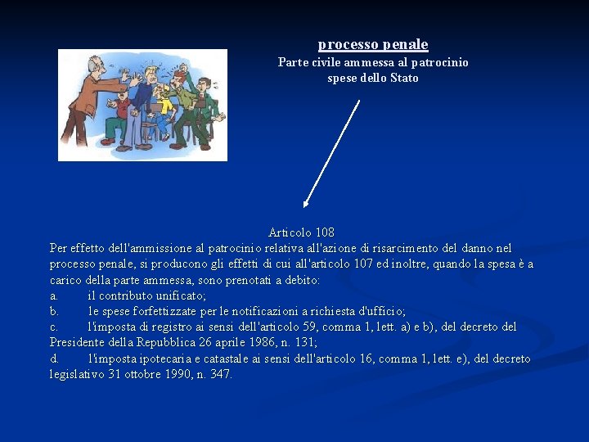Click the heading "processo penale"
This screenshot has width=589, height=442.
coord(373,44)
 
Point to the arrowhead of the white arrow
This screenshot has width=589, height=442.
coord(305,204)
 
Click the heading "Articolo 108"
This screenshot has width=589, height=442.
coord(301,232)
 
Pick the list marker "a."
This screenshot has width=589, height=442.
coord(53,295)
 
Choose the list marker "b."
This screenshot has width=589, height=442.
coord(54,311)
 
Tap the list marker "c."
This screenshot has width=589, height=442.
coord(53,327)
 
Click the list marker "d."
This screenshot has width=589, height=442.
coord(54,359)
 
